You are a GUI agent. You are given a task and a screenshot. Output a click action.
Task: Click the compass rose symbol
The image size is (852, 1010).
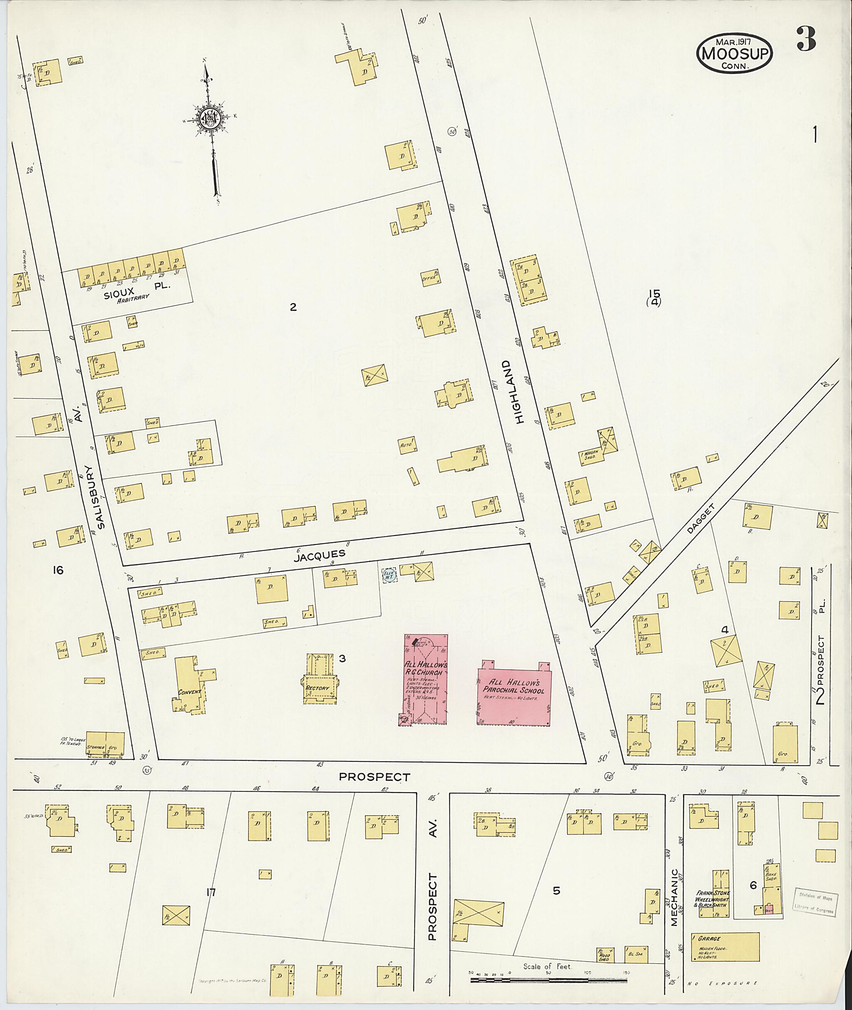(x=212, y=118)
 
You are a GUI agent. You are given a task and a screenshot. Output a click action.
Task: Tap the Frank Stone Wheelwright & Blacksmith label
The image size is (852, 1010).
(x=712, y=899)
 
